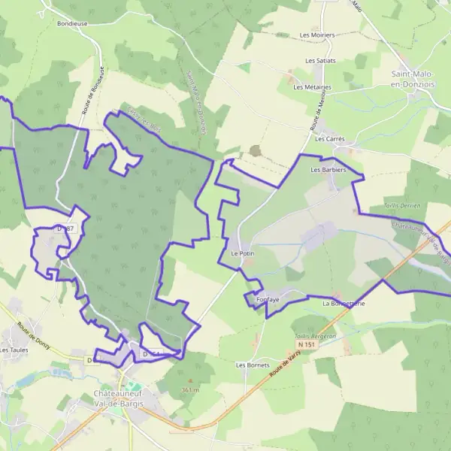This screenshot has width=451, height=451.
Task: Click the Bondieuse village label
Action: (72, 23)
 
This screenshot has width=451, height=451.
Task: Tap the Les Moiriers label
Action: (317, 35)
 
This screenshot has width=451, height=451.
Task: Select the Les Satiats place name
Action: (320, 60)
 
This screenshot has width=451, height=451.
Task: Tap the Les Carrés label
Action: (329, 139)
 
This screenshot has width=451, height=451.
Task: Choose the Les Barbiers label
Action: (328, 170)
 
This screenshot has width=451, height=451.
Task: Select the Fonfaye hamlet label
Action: (268, 300)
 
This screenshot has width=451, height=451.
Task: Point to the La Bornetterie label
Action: (344, 304)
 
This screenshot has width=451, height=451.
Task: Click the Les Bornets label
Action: (253, 365)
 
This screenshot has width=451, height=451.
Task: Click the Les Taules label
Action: (14, 350)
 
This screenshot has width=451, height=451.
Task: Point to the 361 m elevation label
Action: (191, 390)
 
